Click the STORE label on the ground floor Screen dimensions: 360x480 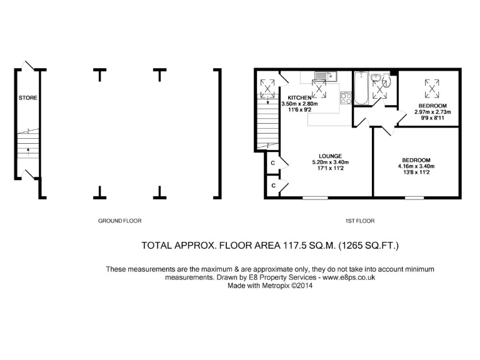27,98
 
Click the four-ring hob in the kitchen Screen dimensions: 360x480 344,97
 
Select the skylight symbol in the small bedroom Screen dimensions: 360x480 431,88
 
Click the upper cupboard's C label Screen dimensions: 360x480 273,163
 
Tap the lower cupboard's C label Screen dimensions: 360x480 273,186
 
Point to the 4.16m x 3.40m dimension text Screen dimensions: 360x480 416,166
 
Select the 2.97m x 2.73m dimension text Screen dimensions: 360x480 432,112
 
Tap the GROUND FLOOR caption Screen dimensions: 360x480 121,221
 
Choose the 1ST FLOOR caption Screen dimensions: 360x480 359,221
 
